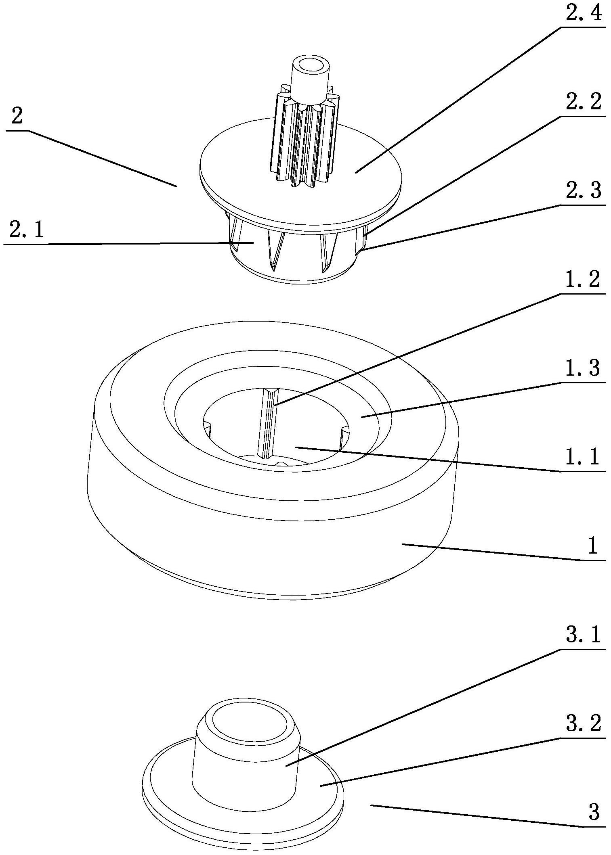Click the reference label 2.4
[x=583, y=13]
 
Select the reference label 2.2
[x=583, y=102]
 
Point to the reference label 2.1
[x=27, y=231]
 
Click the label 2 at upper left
[x=17, y=117]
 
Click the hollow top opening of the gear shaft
[x=309, y=65]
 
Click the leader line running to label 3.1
[x=424, y=706]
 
